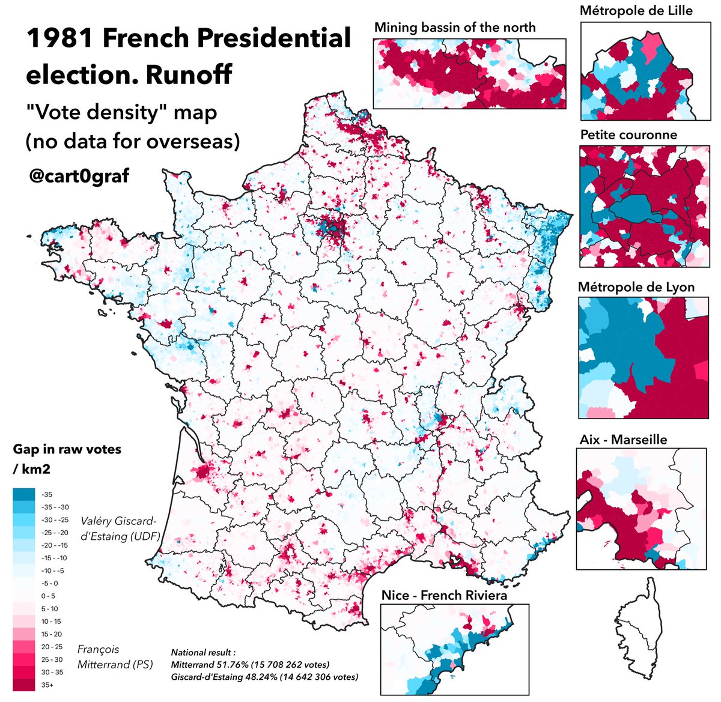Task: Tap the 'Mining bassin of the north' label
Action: tap(454, 28)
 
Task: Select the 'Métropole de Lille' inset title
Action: tap(636, 11)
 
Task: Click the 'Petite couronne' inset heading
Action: tap(628, 135)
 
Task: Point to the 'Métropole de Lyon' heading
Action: tap(636, 287)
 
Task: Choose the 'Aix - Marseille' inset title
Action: tap(623, 440)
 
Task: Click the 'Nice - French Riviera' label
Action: tap(444, 595)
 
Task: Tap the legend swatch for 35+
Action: tap(23, 684)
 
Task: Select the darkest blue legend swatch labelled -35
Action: tap(23, 494)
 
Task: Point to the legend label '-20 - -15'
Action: tap(55, 545)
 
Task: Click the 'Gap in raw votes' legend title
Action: tap(67, 450)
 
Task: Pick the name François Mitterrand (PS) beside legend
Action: tap(115, 657)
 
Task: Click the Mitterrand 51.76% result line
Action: tap(250, 665)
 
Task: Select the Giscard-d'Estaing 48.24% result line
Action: tap(264, 677)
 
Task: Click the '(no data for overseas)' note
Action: tap(132, 141)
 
